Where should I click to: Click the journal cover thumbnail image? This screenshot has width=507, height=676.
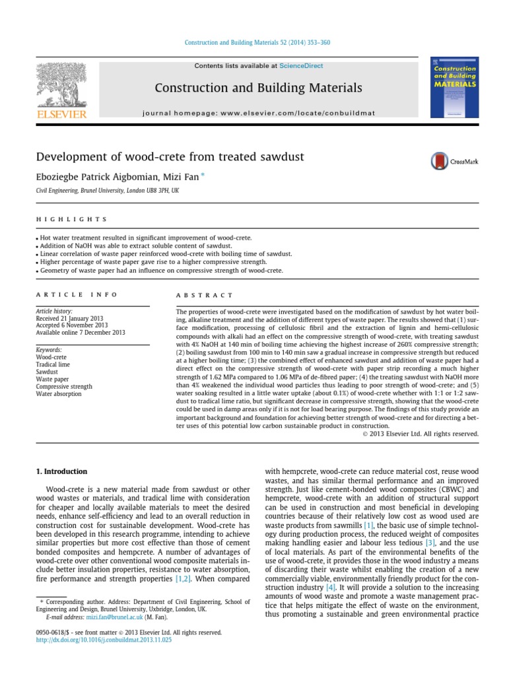click(454, 89)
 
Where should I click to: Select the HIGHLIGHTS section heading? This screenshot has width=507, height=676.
click(71, 219)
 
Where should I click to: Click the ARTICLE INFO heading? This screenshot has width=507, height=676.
click(77, 295)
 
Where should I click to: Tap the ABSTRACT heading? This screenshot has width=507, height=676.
click(205, 296)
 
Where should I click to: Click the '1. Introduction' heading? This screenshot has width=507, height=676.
click(61, 471)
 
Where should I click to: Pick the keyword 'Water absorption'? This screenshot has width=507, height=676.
click(59, 393)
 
